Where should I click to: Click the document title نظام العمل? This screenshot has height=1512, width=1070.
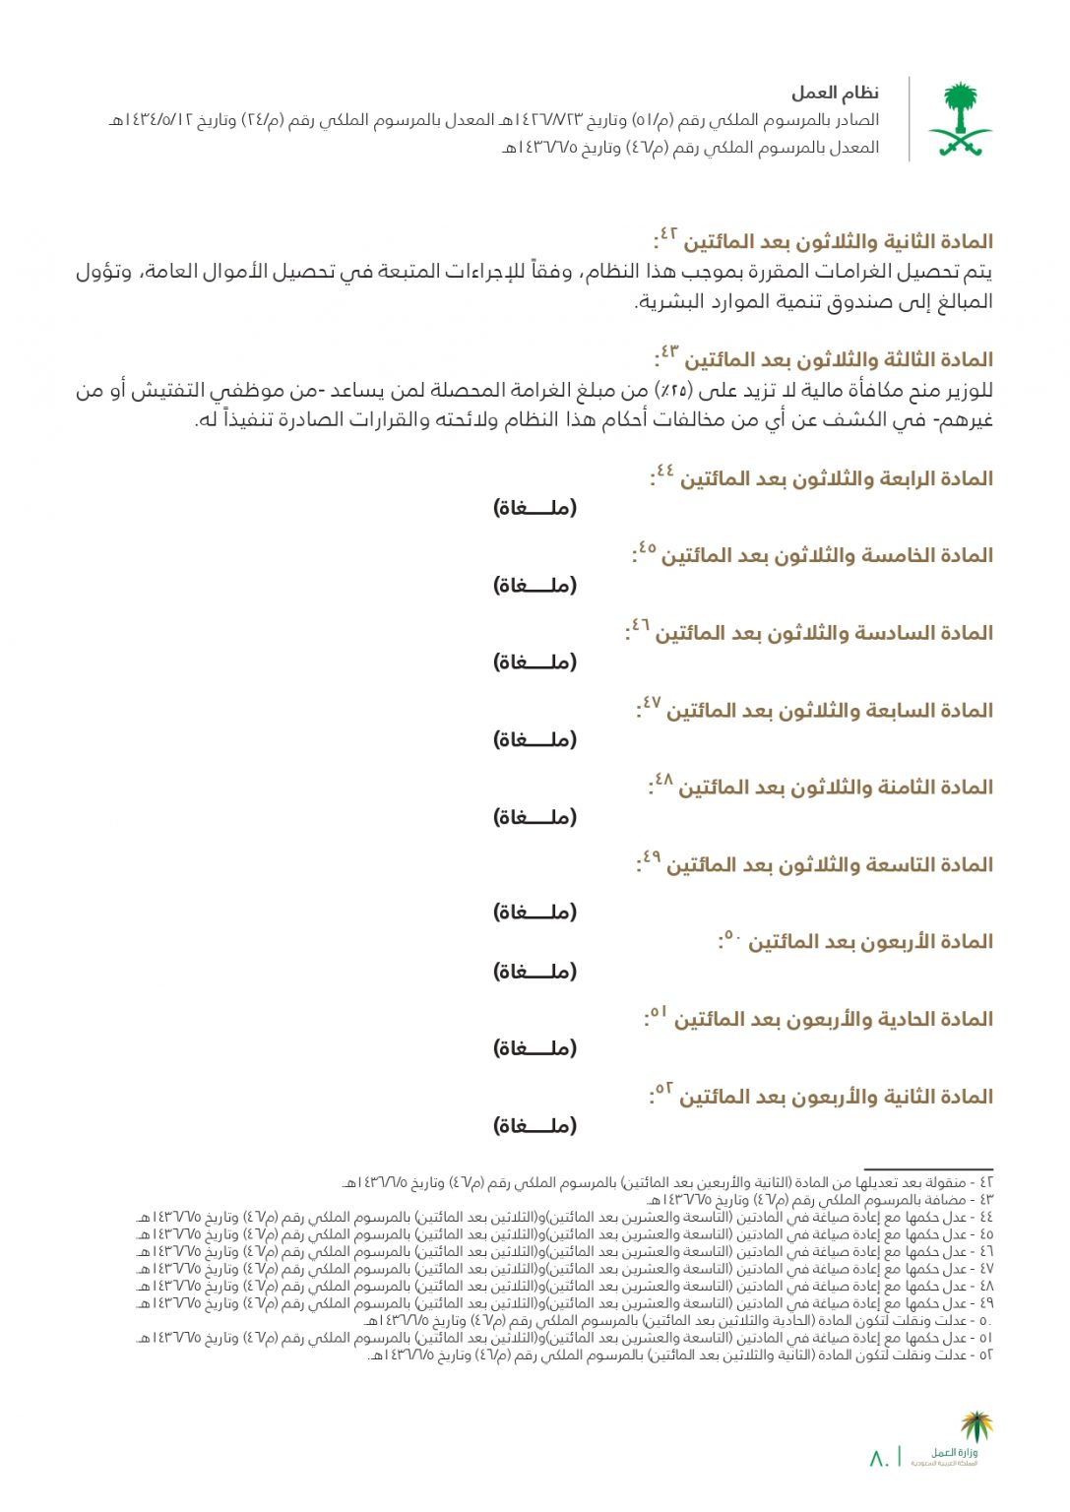(x=835, y=94)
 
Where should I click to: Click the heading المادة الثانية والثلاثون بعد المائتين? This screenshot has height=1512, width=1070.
(x=838, y=242)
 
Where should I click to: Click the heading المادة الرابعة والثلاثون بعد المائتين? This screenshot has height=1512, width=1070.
(x=836, y=479)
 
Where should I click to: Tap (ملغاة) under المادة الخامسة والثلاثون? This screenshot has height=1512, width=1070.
(x=535, y=586)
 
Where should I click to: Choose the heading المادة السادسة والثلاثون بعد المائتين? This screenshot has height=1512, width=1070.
(x=824, y=634)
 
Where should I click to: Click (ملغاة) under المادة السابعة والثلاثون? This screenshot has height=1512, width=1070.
(x=535, y=740)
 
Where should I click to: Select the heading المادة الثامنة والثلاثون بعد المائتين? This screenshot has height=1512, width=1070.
(x=835, y=788)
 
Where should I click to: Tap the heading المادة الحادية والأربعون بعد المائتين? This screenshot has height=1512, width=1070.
(x=833, y=1020)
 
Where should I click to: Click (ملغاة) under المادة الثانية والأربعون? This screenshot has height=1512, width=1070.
(x=535, y=1126)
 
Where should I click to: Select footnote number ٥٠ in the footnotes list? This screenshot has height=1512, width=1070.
(x=985, y=1321)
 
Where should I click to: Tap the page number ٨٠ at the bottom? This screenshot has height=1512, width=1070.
(x=879, y=1458)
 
